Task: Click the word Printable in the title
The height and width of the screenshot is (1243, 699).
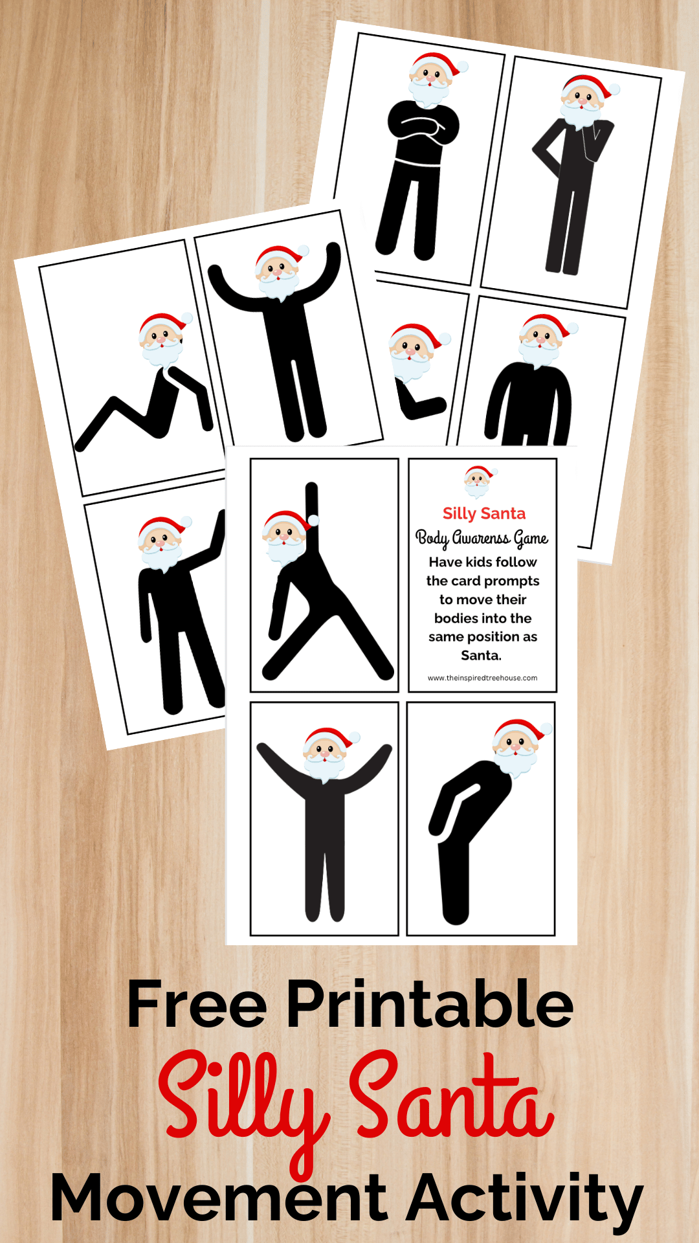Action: point(430,1005)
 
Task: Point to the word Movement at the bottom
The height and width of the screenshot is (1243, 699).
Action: point(219,1197)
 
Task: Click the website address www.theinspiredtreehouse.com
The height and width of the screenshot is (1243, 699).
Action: point(482,678)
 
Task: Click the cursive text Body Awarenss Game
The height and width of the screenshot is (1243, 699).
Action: point(482,539)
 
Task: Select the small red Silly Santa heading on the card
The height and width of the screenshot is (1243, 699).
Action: point(484,513)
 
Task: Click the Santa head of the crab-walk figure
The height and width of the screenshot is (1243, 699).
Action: point(164,341)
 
